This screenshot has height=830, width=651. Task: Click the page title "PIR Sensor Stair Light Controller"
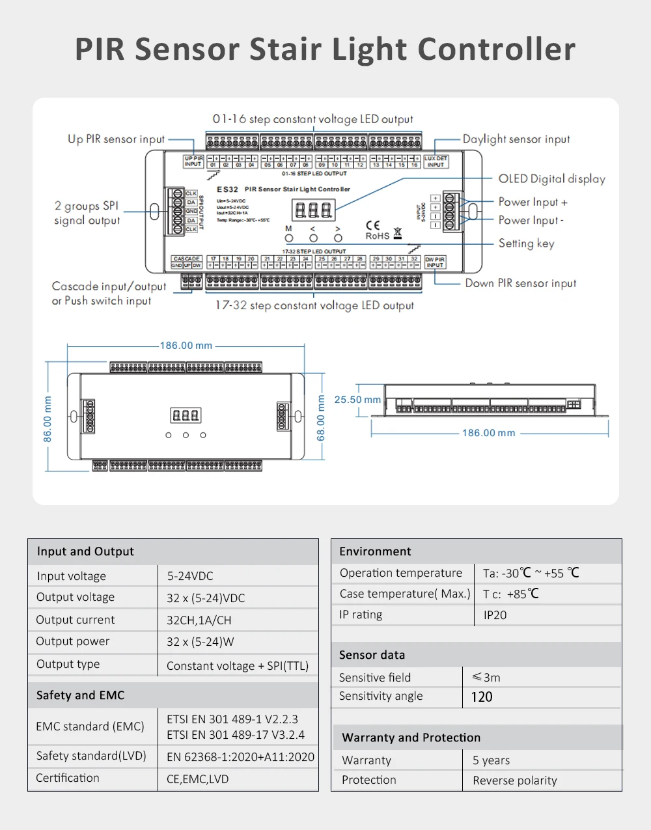[325, 49]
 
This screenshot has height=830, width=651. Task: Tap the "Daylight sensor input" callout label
[516, 139]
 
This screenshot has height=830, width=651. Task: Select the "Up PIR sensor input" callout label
[117, 139]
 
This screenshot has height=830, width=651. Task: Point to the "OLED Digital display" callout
[551, 179]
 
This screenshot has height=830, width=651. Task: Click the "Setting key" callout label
[526, 243]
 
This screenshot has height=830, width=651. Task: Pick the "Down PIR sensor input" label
[520, 283]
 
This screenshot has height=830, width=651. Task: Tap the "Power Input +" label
[533, 202]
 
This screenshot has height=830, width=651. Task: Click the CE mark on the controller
[373, 225]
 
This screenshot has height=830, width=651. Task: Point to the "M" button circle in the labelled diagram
[289, 238]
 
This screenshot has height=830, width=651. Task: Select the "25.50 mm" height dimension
[357, 400]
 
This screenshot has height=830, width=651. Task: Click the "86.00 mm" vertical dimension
[48, 420]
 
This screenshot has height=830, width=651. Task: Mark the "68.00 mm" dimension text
[320, 418]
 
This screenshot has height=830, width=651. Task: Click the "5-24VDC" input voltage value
[189, 576]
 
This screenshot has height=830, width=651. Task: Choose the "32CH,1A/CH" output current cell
[199, 620]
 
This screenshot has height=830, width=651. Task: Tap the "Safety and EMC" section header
[80, 695]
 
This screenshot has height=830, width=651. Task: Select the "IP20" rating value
[495, 615]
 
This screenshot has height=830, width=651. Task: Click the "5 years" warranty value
[491, 760]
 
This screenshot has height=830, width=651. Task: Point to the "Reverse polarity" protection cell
[514, 781]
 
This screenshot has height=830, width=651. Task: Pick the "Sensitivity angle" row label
[381, 696]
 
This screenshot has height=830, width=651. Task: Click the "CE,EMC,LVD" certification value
[197, 779]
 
